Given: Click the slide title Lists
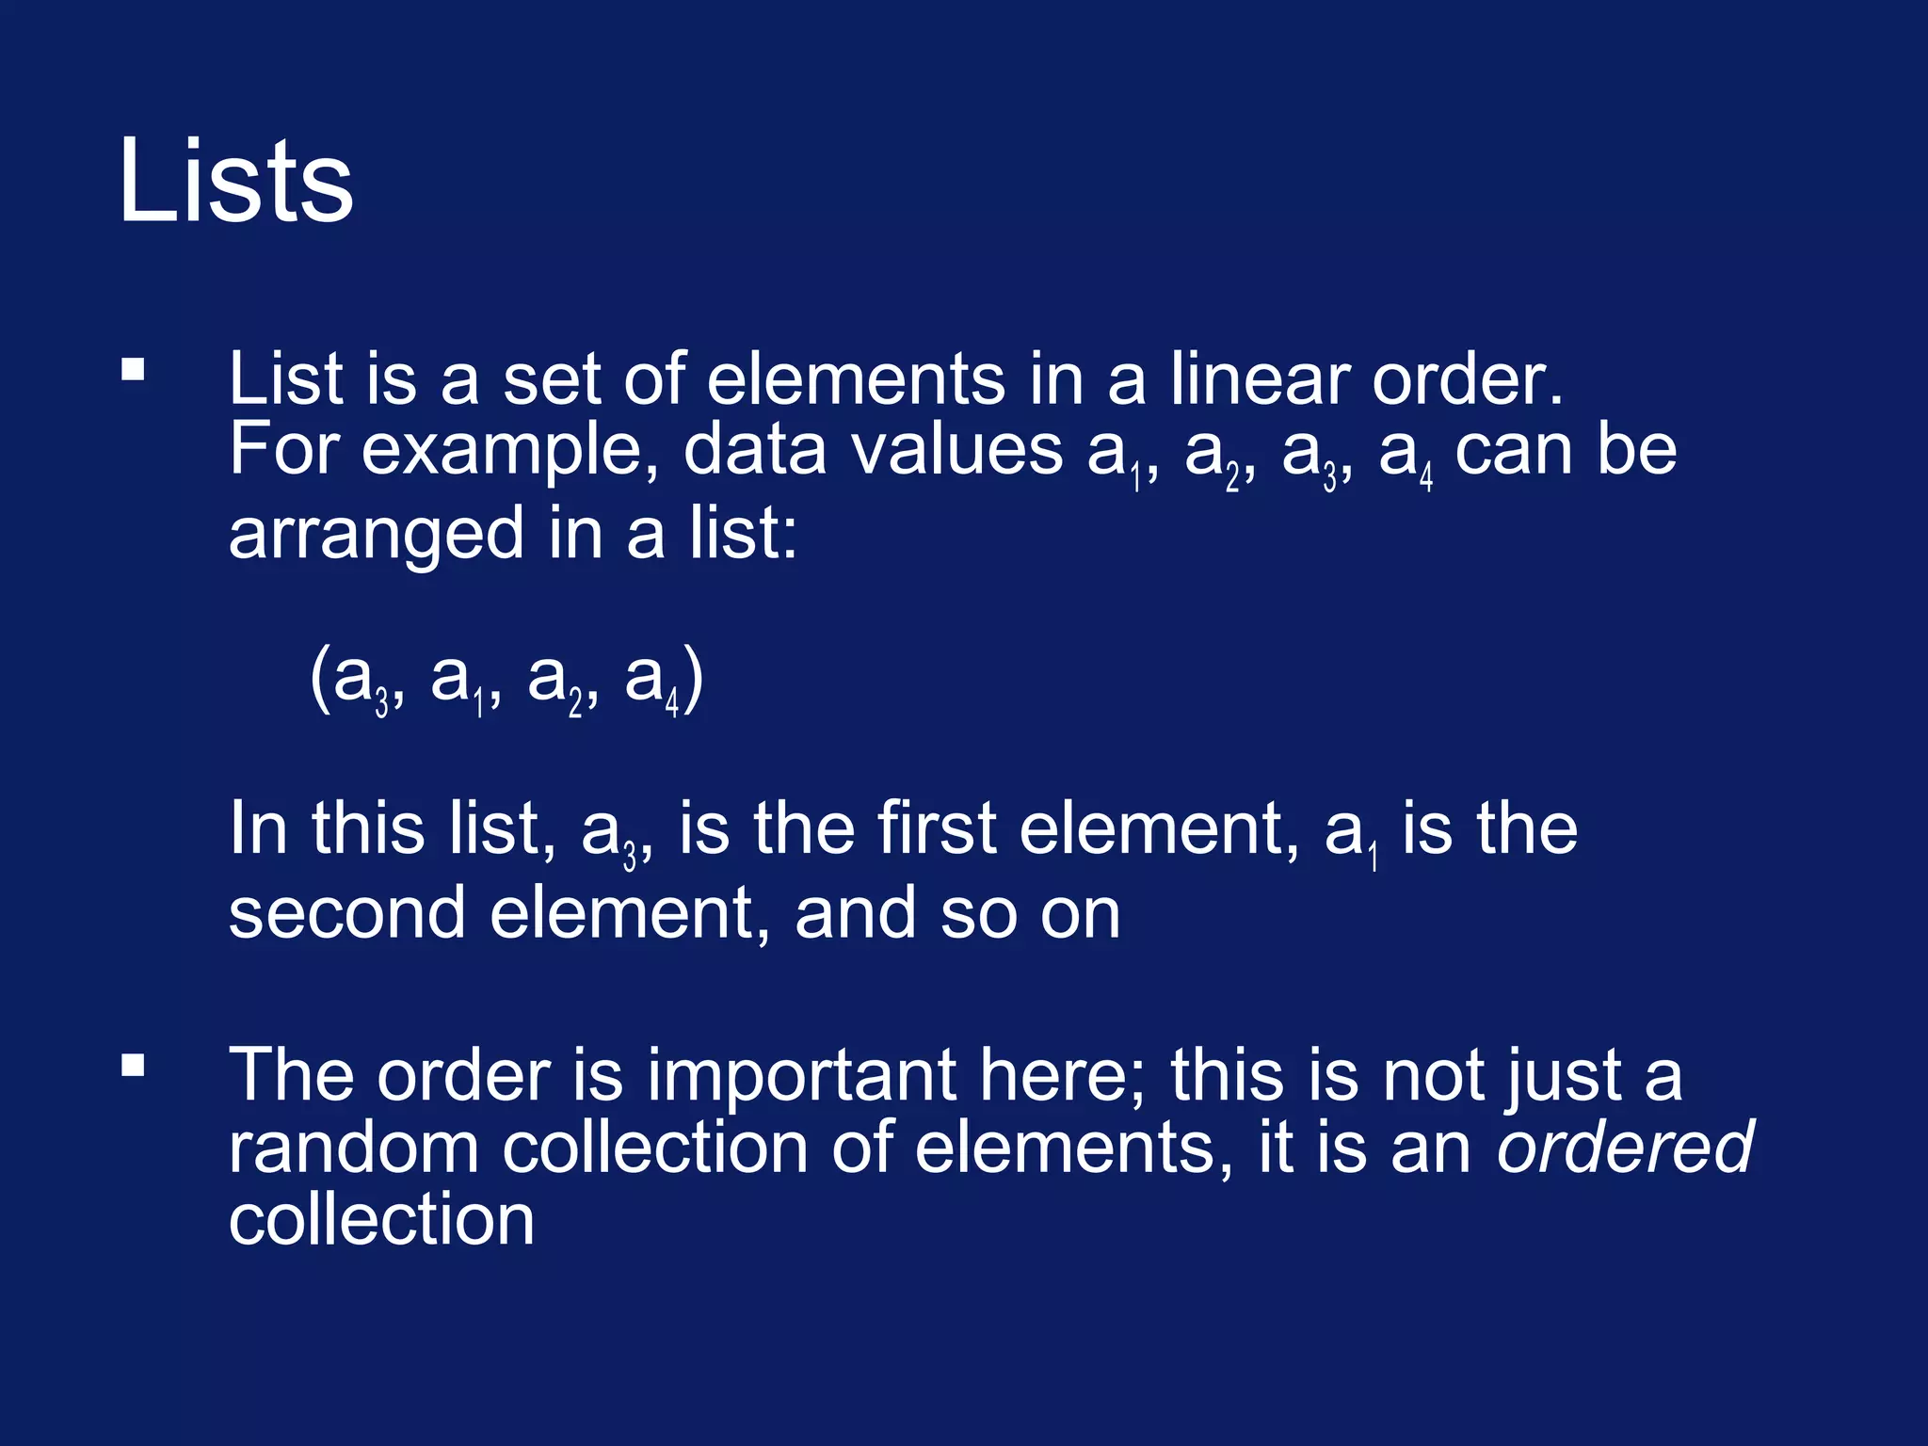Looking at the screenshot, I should pos(235,181).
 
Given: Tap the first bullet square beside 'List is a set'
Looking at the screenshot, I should pos(133,368).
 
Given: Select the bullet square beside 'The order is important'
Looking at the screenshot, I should pos(133,1065).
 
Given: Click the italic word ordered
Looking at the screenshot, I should pos(1624,1148).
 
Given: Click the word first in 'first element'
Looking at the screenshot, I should pos(936,828).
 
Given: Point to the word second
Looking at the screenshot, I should pos(346,913).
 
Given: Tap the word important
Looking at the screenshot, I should pos(800,1075).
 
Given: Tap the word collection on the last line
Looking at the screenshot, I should pos(381,1220).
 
